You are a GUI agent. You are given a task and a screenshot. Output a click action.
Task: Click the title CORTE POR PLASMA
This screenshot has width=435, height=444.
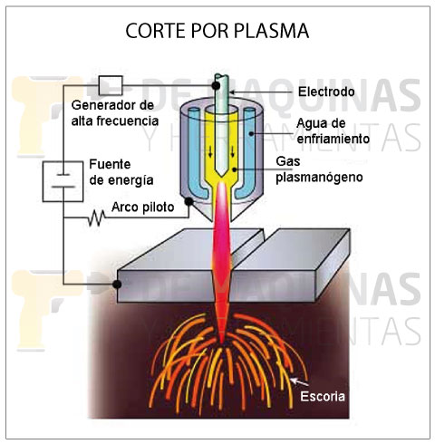click(217, 31)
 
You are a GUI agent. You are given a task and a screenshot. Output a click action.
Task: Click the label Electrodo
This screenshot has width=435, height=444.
click(326, 92)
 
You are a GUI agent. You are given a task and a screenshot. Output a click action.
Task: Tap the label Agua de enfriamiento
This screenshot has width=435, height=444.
click(333, 131)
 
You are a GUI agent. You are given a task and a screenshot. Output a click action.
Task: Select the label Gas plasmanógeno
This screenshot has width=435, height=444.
click(319, 169)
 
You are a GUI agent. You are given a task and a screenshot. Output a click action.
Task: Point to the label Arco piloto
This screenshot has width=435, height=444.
click(142, 208)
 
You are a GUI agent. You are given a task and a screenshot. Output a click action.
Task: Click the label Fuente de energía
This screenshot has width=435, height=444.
click(121, 172)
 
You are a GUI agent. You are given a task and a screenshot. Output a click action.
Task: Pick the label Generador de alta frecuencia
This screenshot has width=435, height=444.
click(115, 113)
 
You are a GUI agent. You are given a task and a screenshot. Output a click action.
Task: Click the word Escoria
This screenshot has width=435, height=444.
click(323, 396)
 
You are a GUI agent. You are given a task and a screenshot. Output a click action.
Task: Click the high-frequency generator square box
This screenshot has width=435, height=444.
click(111, 85)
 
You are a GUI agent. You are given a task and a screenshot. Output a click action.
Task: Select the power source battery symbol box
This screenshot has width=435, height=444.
click(63, 181)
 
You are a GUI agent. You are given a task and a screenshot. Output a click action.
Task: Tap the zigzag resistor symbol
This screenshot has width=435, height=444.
click(97, 218)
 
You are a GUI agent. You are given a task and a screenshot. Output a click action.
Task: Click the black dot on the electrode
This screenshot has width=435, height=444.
click(216, 86)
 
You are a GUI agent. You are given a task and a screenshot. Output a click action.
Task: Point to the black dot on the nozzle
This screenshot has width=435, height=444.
click(188, 201)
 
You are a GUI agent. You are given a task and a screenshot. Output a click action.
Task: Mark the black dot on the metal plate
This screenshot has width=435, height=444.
click(117, 285)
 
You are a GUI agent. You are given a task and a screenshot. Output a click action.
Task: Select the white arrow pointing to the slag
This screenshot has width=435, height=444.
click(299, 382)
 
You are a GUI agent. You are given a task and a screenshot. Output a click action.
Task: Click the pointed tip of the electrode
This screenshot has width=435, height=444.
click(221, 177)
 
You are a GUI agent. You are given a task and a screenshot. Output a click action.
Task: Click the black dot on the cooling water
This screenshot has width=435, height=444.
click(250, 133)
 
